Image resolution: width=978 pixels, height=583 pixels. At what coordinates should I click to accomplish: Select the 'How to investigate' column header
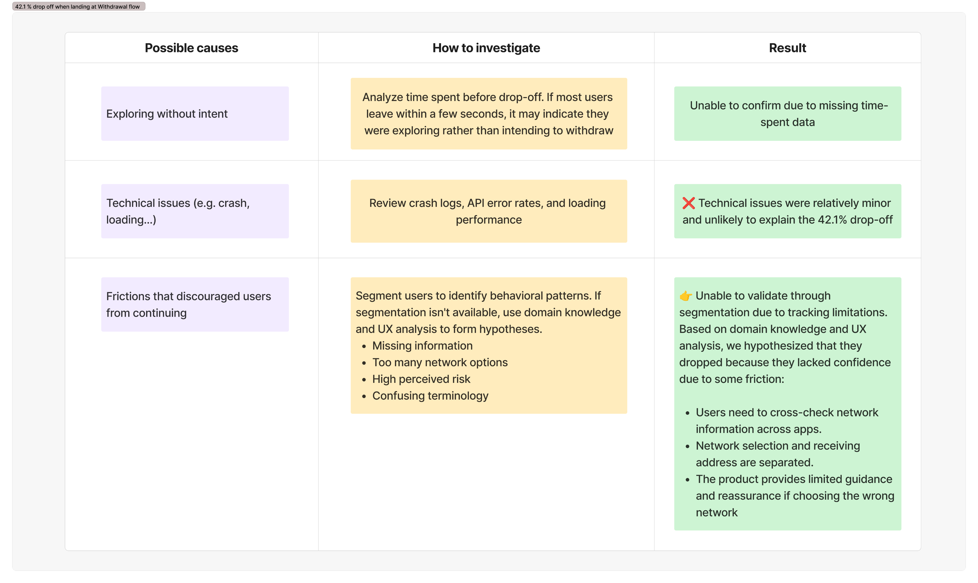pyautogui.click(x=486, y=48)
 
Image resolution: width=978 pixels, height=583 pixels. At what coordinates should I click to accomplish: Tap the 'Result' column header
pyautogui.click(x=787, y=48)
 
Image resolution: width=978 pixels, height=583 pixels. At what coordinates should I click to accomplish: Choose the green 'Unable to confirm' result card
pyautogui.click(x=787, y=113)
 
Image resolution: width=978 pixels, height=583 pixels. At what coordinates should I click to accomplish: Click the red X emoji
pyautogui.click(x=689, y=203)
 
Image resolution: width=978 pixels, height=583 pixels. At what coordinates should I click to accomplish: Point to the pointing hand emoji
pyautogui.click(x=686, y=296)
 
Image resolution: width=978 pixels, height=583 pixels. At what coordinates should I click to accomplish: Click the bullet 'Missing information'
pyautogui.click(x=422, y=346)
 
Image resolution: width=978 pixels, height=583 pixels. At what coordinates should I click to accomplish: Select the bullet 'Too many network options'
pyautogui.click(x=440, y=362)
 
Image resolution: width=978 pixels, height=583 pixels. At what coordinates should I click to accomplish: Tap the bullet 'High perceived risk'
pyautogui.click(x=421, y=379)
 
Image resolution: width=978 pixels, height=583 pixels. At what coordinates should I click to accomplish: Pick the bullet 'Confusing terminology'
pyautogui.click(x=430, y=396)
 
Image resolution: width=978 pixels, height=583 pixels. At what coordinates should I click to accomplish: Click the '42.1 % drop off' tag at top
pyautogui.click(x=79, y=6)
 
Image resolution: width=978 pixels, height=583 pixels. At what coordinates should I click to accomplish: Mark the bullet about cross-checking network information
pyautogui.click(x=787, y=421)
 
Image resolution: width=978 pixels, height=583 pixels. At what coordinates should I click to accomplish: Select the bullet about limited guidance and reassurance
pyautogui.click(x=795, y=496)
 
